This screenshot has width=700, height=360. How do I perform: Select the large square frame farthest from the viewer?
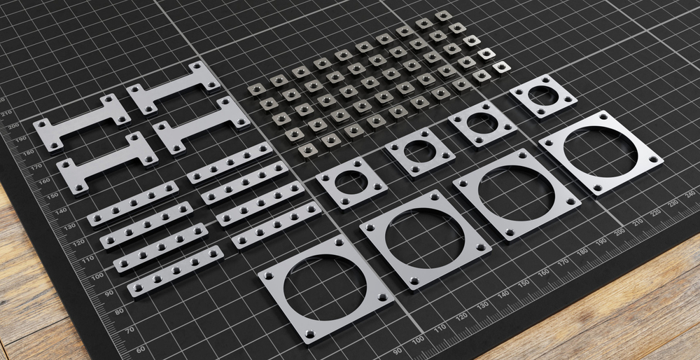coord(601,152)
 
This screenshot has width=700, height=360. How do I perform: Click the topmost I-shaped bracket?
coord(172,87)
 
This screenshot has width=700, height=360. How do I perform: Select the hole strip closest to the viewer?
coord(175,270)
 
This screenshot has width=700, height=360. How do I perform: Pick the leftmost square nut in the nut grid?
coord(255,89)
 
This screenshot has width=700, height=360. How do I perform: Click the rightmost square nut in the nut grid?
coord(501,67)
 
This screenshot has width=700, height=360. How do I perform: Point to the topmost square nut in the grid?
coord(443,15)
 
